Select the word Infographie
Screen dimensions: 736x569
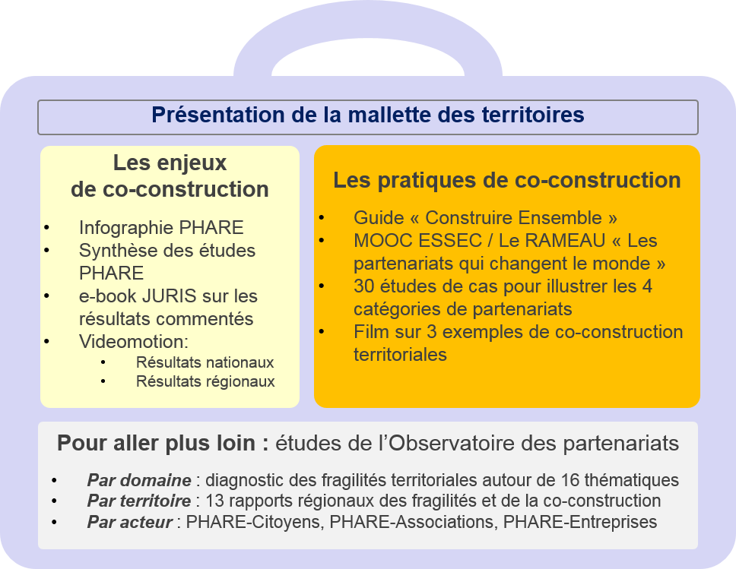(127, 228)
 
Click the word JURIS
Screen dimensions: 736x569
(169, 296)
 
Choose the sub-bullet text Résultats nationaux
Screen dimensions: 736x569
(205, 362)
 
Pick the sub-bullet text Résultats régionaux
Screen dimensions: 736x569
(205, 381)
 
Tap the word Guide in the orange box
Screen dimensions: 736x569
(379, 218)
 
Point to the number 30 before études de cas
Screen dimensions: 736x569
(363, 286)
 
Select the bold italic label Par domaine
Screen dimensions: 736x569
(139, 480)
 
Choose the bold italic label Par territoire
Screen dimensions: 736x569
(139, 501)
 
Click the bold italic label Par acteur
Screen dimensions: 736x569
(129, 522)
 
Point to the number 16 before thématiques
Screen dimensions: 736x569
(570, 480)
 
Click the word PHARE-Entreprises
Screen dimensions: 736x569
(580, 522)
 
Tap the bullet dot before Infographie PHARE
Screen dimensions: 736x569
(46, 228)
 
